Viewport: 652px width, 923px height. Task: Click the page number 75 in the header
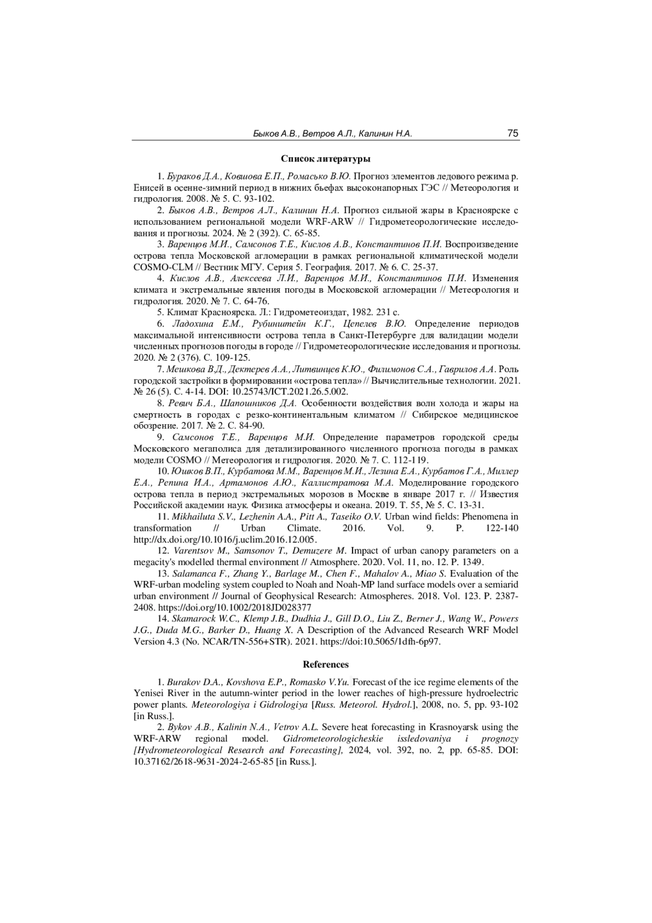click(512, 133)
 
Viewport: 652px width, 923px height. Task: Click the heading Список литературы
click(325, 159)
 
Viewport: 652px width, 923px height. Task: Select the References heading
click(325, 664)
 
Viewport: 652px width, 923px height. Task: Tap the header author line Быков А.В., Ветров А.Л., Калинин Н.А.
click(333, 134)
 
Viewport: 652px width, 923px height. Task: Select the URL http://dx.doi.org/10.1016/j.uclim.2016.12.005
click(225, 540)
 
